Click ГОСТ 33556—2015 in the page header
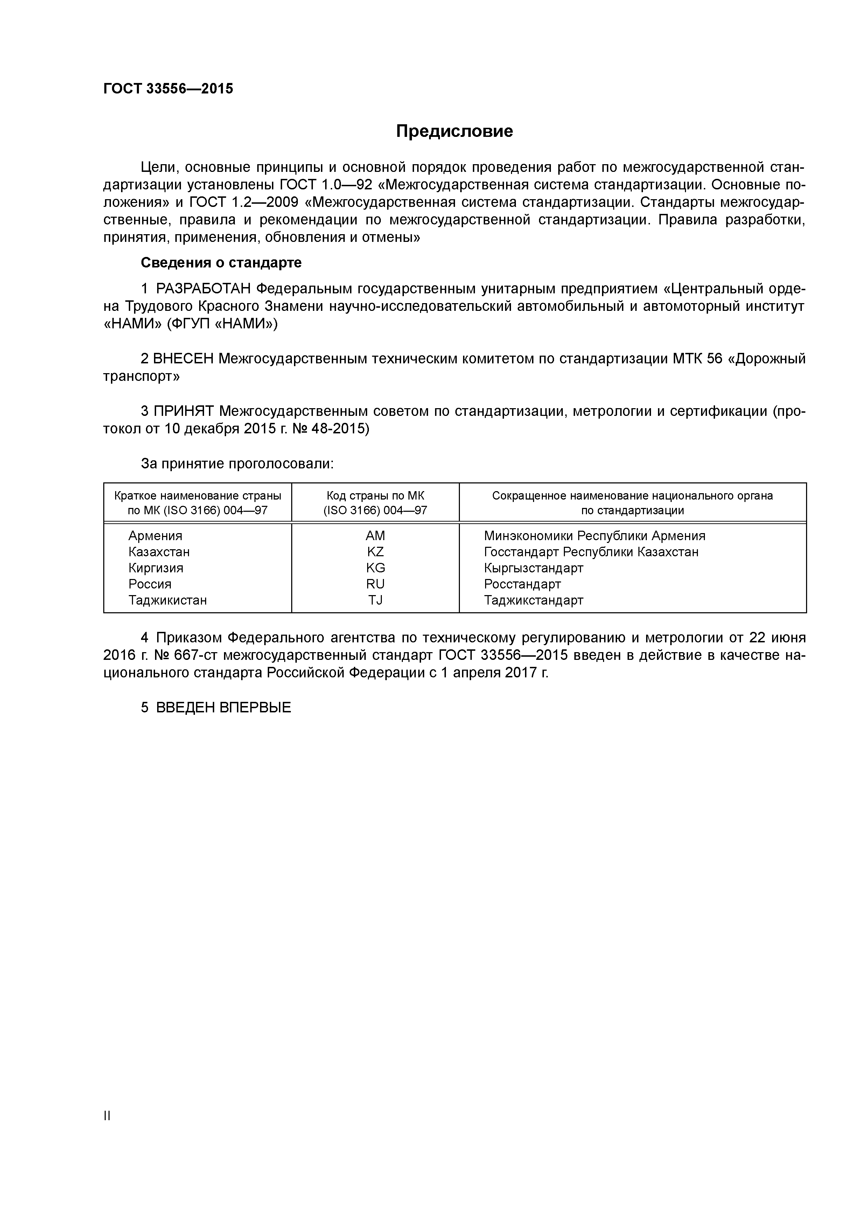point(168,89)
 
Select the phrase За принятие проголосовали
point(237,464)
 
